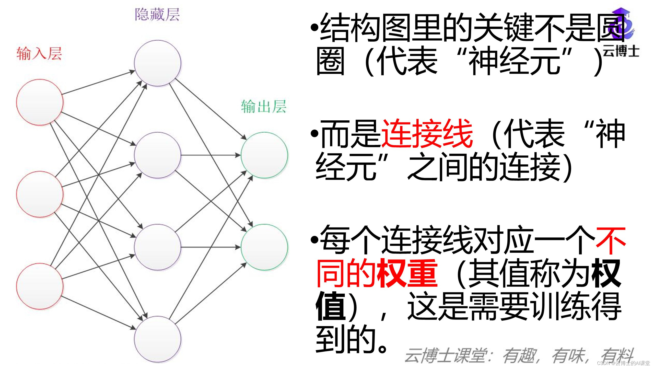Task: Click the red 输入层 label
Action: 39,54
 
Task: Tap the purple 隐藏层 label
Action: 157,15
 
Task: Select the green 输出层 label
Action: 264,107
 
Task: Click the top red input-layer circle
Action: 40,102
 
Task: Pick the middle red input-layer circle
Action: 40,194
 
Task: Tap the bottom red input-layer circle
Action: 40,286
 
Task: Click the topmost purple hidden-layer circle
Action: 158,63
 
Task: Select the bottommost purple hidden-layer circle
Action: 158,339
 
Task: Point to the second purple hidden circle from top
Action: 158,155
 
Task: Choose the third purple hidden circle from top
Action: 158,247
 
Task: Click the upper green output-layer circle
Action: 264,155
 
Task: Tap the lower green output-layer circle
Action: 264,247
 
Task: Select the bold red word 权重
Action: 407,273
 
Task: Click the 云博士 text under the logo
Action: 621,51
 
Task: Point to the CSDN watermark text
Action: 623,363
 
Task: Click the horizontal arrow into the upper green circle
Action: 211,155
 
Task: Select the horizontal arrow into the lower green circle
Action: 211,247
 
